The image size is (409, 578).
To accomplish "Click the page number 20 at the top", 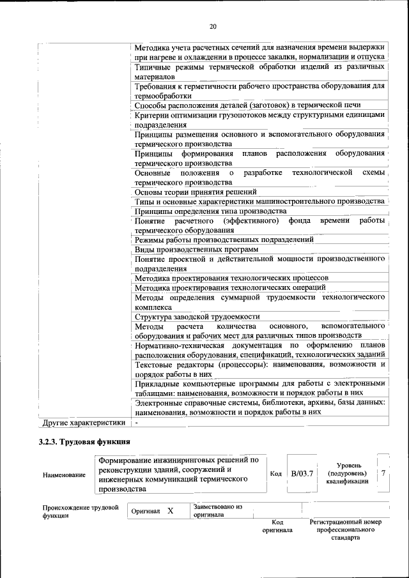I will click(213, 26).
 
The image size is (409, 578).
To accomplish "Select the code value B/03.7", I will click(302, 474).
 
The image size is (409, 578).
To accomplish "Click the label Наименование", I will click(64, 475).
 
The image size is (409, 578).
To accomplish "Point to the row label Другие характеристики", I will click(83, 423).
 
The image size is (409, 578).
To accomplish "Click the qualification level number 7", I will click(383, 473).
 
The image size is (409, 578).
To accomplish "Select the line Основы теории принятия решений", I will click(196, 192).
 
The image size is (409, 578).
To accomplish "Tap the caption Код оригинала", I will click(277, 526).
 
